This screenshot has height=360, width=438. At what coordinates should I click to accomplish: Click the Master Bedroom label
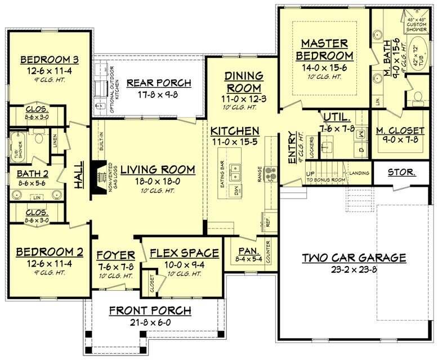(x=327, y=49)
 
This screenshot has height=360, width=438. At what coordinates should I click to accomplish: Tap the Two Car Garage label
(x=354, y=258)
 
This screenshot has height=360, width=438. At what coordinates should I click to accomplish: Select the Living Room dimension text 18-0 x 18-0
(x=158, y=182)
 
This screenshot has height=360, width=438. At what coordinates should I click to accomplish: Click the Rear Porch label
(x=159, y=83)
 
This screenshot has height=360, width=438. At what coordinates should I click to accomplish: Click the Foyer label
(x=115, y=253)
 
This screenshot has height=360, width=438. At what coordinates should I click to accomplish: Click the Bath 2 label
(x=33, y=173)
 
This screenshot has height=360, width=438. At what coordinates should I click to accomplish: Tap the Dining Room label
(x=244, y=82)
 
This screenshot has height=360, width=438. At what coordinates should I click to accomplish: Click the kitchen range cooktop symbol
(x=269, y=170)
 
